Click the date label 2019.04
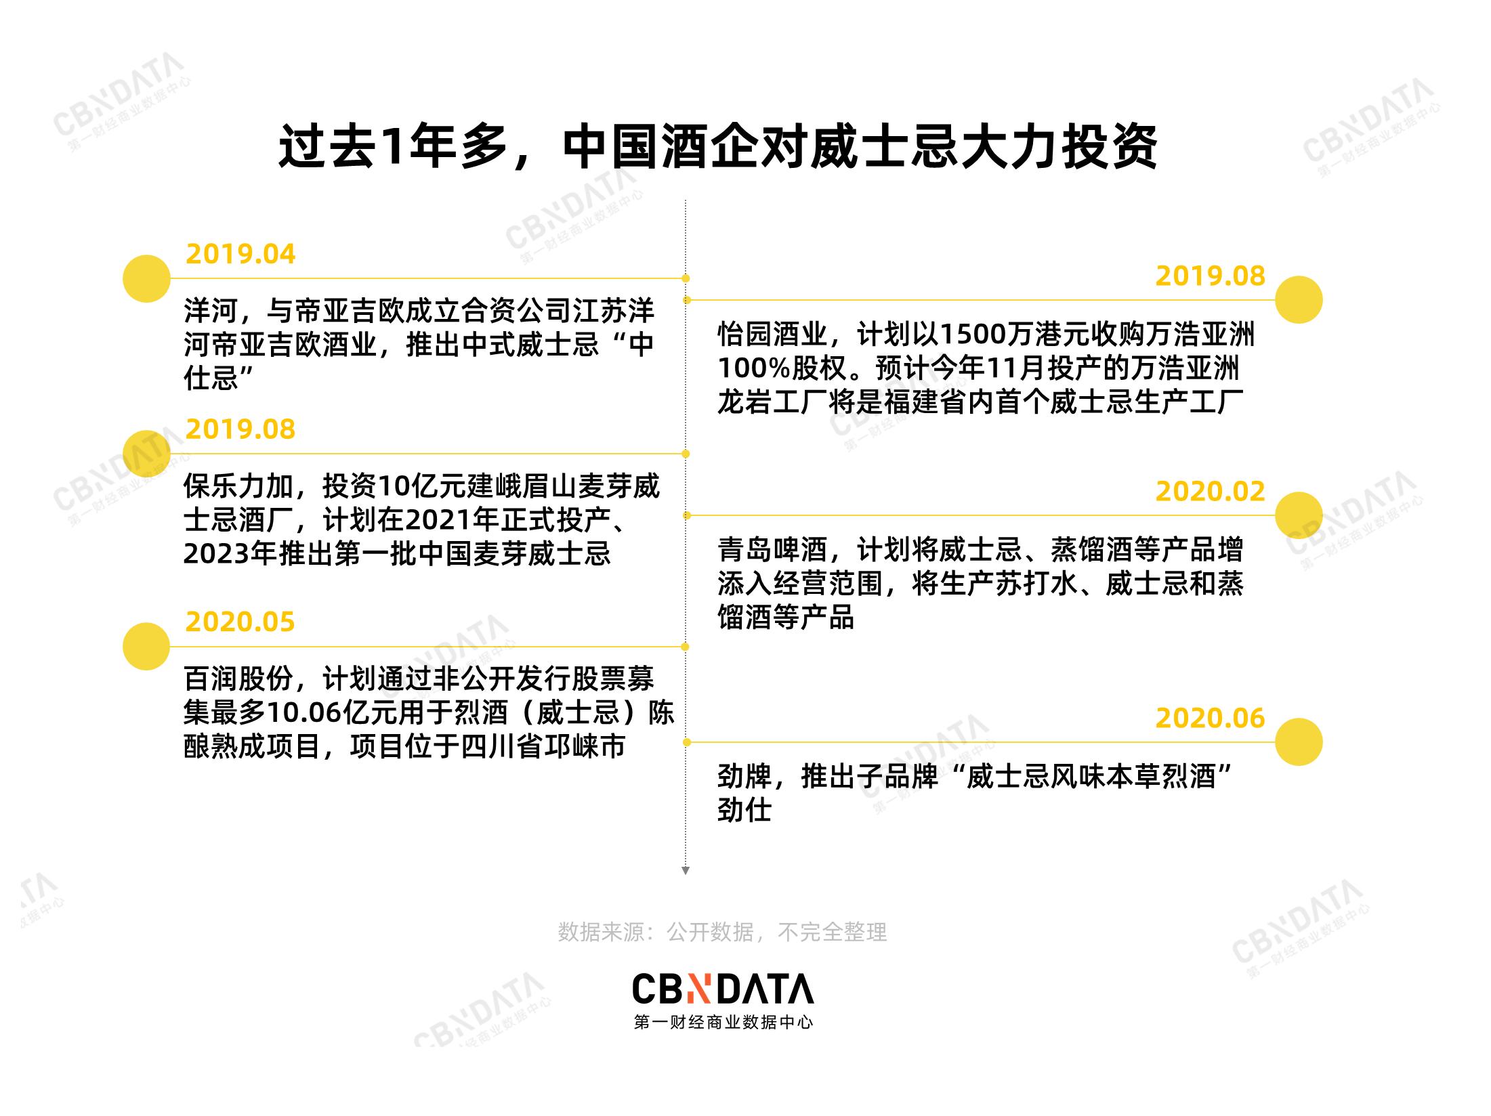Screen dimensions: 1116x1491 (x=240, y=255)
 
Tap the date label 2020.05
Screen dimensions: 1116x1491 (x=240, y=622)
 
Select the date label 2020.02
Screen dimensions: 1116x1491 (x=1210, y=492)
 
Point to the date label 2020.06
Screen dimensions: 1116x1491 (x=1210, y=718)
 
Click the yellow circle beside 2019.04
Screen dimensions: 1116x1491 (x=146, y=278)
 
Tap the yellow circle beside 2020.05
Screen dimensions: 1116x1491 (x=146, y=647)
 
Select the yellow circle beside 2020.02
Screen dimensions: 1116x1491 (x=1299, y=515)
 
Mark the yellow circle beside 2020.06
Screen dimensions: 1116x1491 (x=1299, y=742)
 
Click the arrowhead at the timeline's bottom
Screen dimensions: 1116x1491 (x=686, y=871)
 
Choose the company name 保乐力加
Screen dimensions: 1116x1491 (x=238, y=486)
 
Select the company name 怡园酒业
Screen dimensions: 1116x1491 (x=772, y=335)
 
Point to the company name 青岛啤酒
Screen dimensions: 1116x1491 (x=772, y=550)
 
